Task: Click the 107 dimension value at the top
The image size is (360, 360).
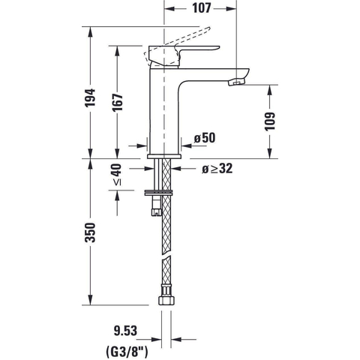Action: [202, 8]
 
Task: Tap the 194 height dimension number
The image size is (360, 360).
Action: [90, 97]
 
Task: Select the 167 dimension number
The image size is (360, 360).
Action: [118, 103]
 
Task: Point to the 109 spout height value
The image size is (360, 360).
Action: [270, 121]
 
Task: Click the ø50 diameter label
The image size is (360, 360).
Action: [205, 138]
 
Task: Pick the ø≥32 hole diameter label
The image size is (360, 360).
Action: [217, 169]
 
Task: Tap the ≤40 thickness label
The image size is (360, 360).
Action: [118, 175]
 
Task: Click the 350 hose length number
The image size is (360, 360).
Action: [90, 232]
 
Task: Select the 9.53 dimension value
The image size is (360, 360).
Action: [126, 331]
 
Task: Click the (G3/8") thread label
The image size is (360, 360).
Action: [127, 351]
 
